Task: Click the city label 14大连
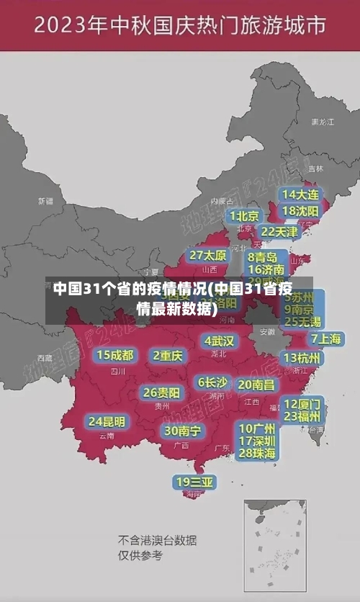click(300, 195)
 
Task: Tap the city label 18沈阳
click(300, 211)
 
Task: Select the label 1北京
click(245, 216)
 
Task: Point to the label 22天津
click(279, 232)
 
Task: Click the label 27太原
click(208, 256)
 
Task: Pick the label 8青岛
click(263, 257)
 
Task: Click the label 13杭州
click(303, 357)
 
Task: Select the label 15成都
click(115, 355)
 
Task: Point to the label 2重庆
click(168, 356)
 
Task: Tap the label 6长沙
click(213, 382)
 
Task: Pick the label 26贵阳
click(161, 393)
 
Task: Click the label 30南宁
click(183, 431)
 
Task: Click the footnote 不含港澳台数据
click(157, 540)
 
